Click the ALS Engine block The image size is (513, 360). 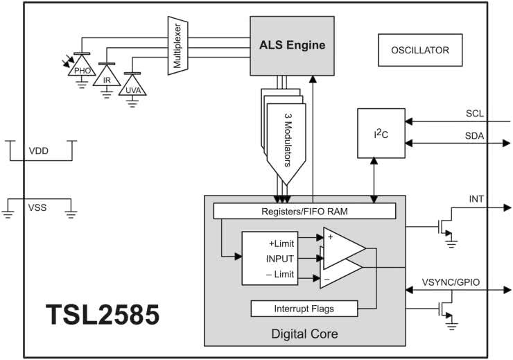coord(292,46)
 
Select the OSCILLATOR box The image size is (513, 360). coord(420,50)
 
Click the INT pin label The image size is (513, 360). coord(478,200)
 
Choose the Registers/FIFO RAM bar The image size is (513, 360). coord(304,210)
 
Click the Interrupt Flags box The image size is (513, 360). coord(305,308)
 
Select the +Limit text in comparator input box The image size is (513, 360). coord(281,243)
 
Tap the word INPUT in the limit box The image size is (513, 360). coord(280,259)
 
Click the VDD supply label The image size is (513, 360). coord(40,151)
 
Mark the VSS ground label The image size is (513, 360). coord(38,207)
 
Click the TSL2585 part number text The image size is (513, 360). coord(103,315)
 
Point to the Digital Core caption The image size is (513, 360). coord(305,334)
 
